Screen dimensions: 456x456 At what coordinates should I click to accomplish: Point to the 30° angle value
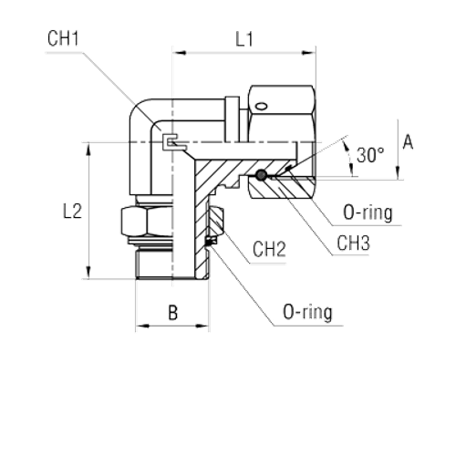368,156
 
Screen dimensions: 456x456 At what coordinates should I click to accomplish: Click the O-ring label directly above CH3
368,213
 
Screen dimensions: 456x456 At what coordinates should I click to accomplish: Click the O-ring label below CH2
306,313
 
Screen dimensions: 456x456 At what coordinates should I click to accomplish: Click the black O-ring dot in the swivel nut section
262,175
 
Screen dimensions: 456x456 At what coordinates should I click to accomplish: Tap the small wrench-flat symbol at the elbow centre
171,142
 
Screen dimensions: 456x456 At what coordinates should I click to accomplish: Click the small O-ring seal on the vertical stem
211,239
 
